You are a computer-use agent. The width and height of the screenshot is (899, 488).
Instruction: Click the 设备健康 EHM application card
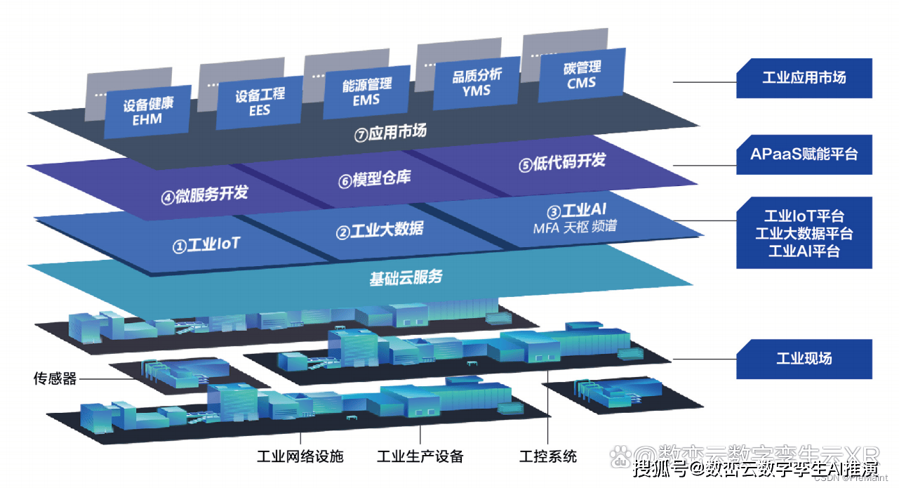point(147,112)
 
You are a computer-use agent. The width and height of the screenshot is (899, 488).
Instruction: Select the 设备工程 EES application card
point(259,102)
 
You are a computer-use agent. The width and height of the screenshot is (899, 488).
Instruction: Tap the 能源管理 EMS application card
point(366,92)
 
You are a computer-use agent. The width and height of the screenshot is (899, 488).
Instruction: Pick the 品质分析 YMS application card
point(476,83)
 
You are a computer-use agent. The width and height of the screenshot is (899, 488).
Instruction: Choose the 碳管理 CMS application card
point(582,74)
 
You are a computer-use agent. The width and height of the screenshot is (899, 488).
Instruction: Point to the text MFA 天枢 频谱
point(575,227)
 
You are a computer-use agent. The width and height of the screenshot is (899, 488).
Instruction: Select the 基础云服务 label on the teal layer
point(406,277)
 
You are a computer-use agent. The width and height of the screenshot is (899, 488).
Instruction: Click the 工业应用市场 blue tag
point(804,78)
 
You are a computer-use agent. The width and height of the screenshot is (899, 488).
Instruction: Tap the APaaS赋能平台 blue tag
point(804,154)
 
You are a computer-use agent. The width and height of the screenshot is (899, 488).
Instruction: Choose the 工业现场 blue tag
point(804,358)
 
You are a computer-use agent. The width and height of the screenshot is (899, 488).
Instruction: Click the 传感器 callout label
point(55,379)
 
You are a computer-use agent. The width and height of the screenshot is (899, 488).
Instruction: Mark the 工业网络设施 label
point(300,456)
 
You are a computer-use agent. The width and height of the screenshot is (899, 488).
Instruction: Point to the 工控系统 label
point(548,456)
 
